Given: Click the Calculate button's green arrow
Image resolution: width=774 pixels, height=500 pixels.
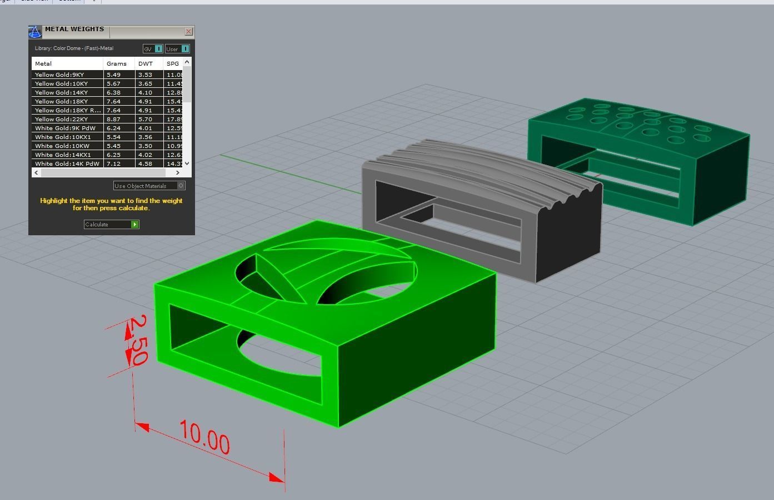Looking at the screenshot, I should pyautogui.click(x=134, y=225).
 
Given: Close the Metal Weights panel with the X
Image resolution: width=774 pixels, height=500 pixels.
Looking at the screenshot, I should pyautogui.click(x=188, y=32).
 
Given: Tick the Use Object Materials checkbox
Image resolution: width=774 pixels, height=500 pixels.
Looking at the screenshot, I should pyautogui.click(x=181, y=186).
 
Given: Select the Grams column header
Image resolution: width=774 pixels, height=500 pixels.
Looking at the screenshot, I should pyautogui.click(x=117, y=63).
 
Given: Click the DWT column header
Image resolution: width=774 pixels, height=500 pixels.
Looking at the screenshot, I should pyautogui.click(x=146, y=63).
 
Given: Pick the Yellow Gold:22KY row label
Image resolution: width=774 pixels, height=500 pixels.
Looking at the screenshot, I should pyautogui.click(x=61, y=119).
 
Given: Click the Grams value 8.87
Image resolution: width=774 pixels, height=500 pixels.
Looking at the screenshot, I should pyautogui.click(x=113, y=119).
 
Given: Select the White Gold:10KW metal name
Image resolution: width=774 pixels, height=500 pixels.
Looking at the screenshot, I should pyautogui.click(x=62, y=146).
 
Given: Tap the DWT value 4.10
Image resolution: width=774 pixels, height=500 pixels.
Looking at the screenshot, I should pyautogui.click(x=145, y=92).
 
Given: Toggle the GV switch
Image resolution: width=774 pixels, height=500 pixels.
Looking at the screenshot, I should pyautogui.click(x=158, y=49).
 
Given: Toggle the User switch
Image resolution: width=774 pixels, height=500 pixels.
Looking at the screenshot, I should pyautogui.click(x=185, y=49).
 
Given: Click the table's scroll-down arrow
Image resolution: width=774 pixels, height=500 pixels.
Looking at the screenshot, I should pyautogui.click(x=187, y=163).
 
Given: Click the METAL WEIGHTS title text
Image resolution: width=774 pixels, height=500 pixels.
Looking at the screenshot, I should pyautogui.click(x=74, y=29).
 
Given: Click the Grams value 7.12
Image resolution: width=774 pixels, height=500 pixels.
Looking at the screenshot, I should pyautogui.click(x=113, y=164).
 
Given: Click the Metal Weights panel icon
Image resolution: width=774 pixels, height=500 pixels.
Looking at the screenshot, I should pyautogui.click(x=35, y=32).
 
